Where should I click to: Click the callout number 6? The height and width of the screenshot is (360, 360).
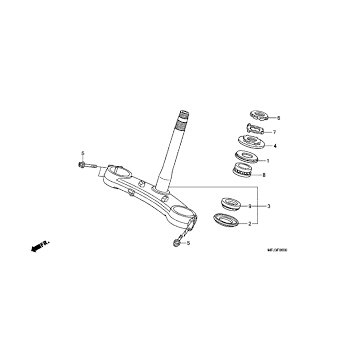[x=279, y=118]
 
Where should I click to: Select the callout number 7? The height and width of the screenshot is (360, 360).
[x=275, y=132]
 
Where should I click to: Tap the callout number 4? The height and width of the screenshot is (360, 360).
[x=275, y=146]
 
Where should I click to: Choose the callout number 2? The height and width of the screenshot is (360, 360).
[x=263, y=224]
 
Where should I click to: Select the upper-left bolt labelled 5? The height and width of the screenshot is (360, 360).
[x=87, y=167]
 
